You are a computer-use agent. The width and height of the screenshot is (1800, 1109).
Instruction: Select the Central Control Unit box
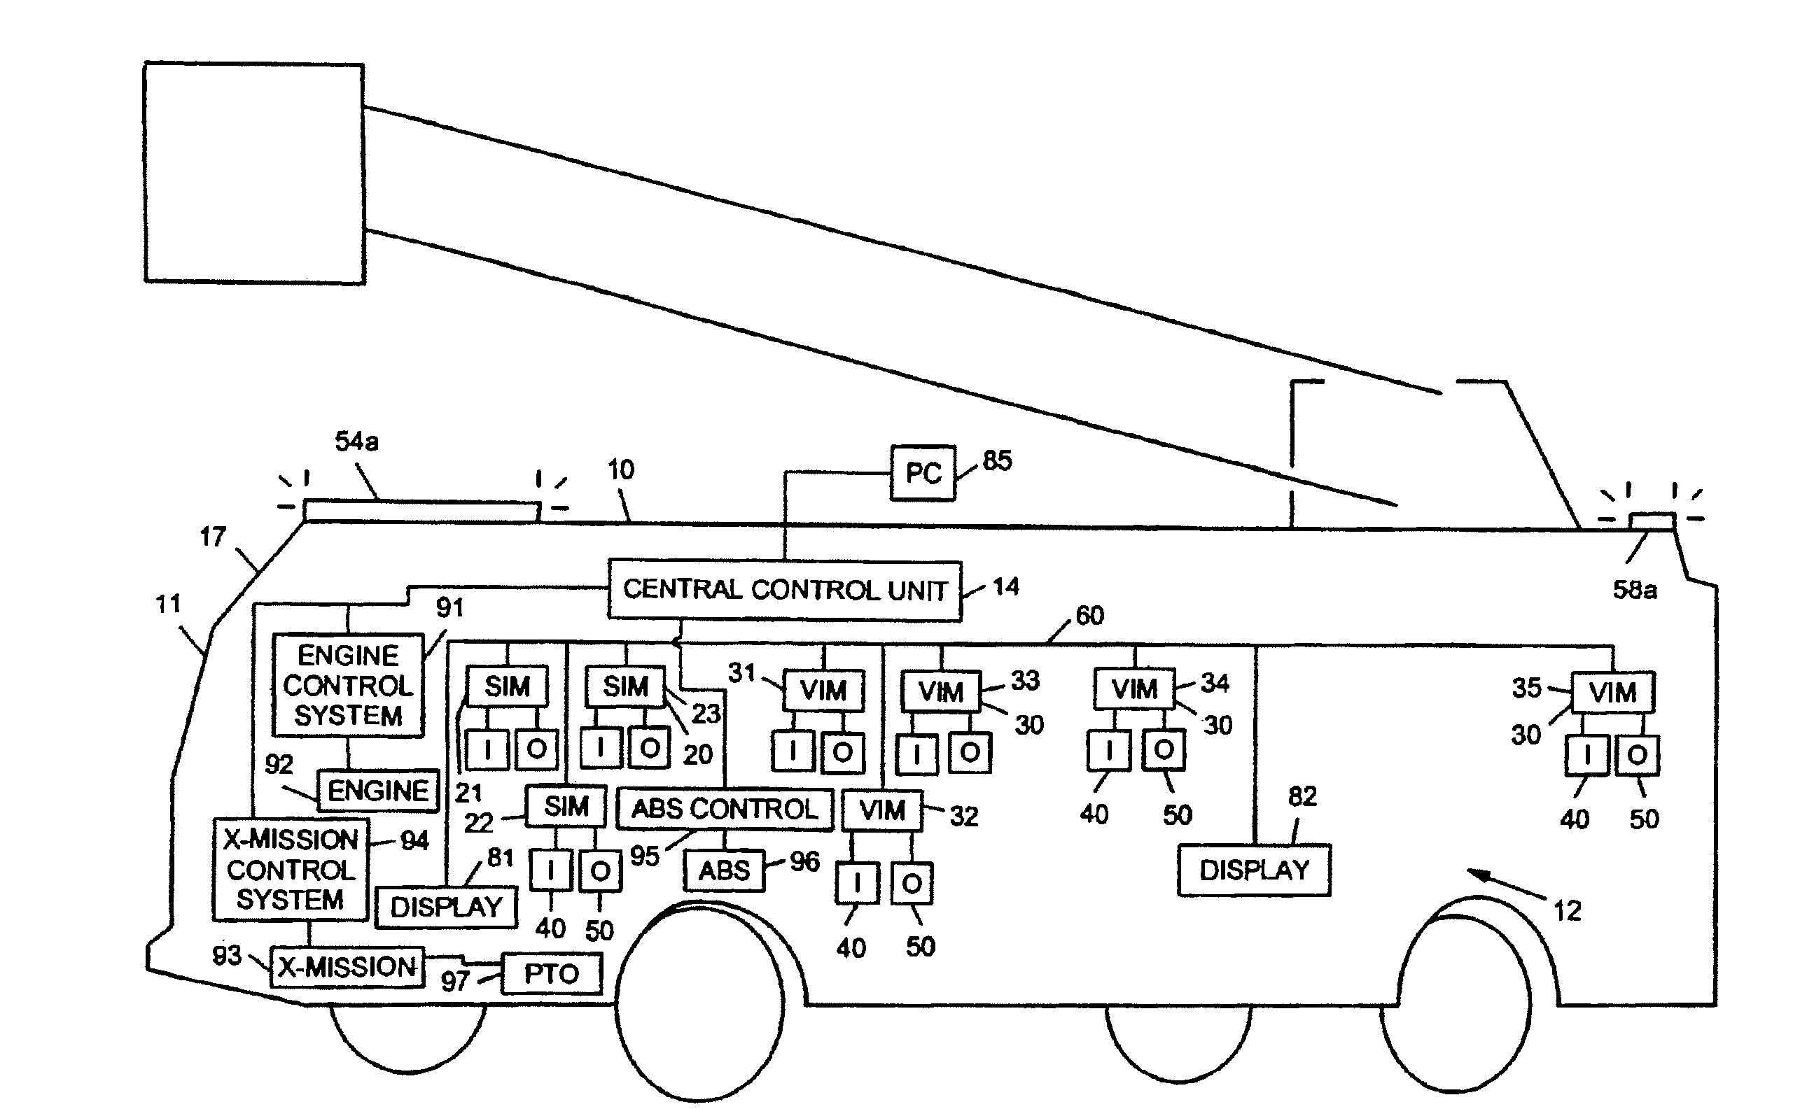click(x=784, y=591)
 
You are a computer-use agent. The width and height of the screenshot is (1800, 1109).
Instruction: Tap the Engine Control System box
click(x=348, y=685)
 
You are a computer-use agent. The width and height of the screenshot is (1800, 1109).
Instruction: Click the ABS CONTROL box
click(x=724, y=809)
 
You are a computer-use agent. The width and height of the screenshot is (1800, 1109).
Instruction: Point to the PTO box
click(x=551, y=974)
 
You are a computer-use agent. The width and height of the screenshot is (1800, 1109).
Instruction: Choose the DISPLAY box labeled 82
click(x=1254, y=870)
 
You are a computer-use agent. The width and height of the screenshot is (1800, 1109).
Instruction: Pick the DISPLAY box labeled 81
click(x=446, y=907)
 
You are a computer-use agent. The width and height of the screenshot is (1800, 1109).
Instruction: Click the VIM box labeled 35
click(x=1612, y=692)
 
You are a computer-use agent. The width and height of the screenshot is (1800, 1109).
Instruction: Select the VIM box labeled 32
click(x=881, y=810)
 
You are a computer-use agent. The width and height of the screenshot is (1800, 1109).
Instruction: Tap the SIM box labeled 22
click(x=566, y=806)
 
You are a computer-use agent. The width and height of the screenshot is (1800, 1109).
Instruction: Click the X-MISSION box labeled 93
click(x=347, y=968)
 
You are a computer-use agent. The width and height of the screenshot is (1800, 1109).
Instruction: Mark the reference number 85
click(x=997, y=460)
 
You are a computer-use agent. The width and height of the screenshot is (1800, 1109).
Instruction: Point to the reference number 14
click(x=1005, y=587)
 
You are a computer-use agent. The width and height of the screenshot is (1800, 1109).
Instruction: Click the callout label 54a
click(x=356, y=442)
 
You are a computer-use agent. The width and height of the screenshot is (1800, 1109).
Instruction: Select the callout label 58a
click(x=1634, y=590)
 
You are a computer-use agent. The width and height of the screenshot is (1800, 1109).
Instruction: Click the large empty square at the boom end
click(x=254, y=173)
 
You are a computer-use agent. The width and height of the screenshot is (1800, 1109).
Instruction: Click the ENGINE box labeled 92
click(x=378, y=791)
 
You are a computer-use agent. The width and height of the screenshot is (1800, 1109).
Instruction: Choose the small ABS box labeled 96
click(x=724, y=870)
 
